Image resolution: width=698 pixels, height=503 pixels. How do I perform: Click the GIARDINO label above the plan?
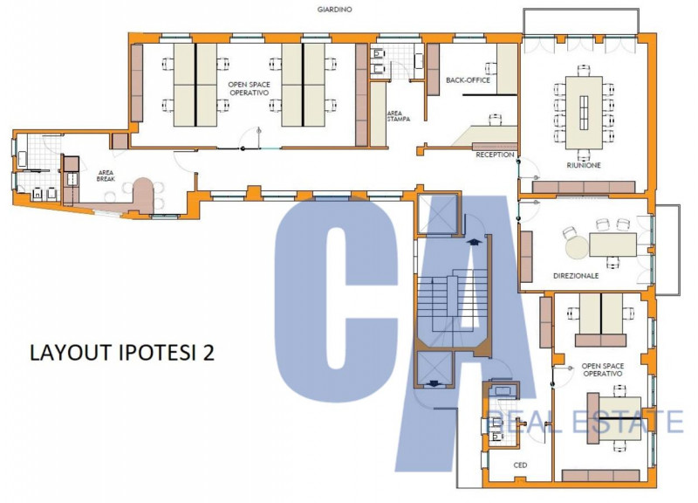pyautogui.click(x=335, y=10)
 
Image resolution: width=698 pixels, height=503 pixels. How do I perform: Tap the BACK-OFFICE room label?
pyautogui.click(x=468, y=80)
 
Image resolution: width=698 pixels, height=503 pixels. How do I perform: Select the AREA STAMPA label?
pyautogui.click(x=398, y=116)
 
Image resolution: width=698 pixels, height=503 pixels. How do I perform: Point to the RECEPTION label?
pyautogui.click(x=495, y=155)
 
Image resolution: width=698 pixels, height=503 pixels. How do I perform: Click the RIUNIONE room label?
pyautogui.click(x=584, y=165)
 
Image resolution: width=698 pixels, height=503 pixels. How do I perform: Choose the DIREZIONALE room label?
pyautogui.click(x=576, y=276)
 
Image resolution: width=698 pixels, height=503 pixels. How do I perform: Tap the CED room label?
pyautogui.click(x=520, y=465)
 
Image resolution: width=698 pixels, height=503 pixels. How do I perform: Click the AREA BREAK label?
pyautogui.click(x=106, y=176)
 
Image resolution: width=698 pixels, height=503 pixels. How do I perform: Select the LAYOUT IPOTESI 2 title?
pyautogui.click(x=122, y=352)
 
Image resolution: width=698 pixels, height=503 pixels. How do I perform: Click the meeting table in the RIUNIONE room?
pyautogui.click(x=584, y=113)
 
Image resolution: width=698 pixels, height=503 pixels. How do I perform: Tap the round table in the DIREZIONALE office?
pyautogui.click(x=577, y=247)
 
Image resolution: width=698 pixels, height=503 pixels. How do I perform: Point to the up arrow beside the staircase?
pyautogui.click(x=475, y=242)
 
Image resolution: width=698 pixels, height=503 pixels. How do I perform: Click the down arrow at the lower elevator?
pyautogui.click(x=433, y=382)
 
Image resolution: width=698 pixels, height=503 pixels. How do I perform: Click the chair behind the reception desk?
pyautogui.click(x=495, y=120)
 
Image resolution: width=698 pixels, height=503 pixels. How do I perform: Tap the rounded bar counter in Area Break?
pyautogui.click(x=143, y=195)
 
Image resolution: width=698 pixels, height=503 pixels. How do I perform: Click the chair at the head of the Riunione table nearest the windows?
pyautogui.click(x=584, y=71)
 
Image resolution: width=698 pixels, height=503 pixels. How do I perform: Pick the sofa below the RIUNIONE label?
pyautogui.click(x=584, y=187)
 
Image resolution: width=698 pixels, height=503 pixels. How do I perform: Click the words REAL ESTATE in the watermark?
pyautogui.click(x=586, y=422)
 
